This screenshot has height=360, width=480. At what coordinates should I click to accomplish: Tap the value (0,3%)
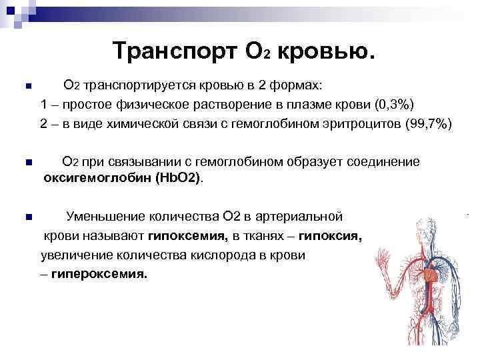[395, 105]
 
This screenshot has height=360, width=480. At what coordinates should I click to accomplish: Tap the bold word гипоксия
[330, 236]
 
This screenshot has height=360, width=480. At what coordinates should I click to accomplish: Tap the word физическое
[148, 105]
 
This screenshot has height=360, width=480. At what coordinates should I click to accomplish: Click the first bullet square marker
[27, 87]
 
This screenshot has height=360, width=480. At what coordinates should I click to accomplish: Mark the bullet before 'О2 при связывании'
[27, 162]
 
